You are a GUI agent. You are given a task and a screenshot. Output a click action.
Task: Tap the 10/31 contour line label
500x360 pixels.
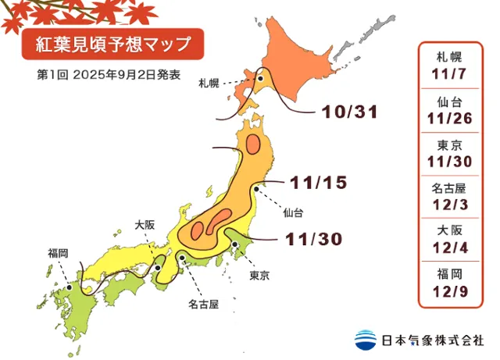pos(349,112)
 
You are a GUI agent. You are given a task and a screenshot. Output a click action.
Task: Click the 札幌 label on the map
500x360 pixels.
pos(208,82)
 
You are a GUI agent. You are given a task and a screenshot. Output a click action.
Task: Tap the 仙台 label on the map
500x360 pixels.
pos(293,212)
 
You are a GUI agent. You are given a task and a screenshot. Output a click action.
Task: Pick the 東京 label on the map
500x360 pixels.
pos(260,276)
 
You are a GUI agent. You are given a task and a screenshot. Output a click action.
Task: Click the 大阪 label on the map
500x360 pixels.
pos(145,224)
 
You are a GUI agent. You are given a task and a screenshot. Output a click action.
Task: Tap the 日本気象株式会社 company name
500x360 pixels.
pos(432,340)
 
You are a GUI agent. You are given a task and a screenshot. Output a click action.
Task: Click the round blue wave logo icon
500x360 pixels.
pos(365,340)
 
